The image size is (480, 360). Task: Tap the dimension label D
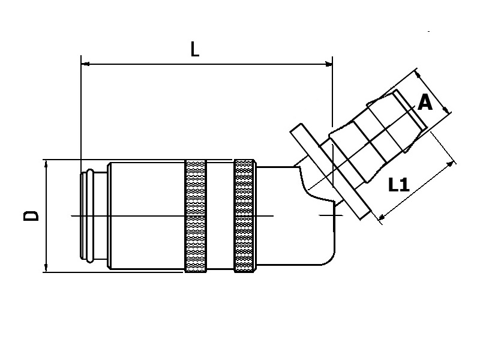coord(31,215)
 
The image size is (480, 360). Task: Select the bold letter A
coord(425,103)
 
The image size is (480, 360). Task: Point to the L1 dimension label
coord(398,185)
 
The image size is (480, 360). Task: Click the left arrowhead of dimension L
coord(85,63)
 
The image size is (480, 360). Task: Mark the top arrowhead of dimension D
coord(46,164)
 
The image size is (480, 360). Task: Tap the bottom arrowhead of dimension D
coord(46,268)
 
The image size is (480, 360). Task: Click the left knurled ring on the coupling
coord(196,216)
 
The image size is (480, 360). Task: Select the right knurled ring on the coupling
coord(244,216)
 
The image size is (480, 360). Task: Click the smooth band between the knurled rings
coord(220,216)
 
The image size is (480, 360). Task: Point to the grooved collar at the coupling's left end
coord(88,215)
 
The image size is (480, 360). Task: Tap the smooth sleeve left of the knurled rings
coord(146,216)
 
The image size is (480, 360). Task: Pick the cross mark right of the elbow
coord(329,215)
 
